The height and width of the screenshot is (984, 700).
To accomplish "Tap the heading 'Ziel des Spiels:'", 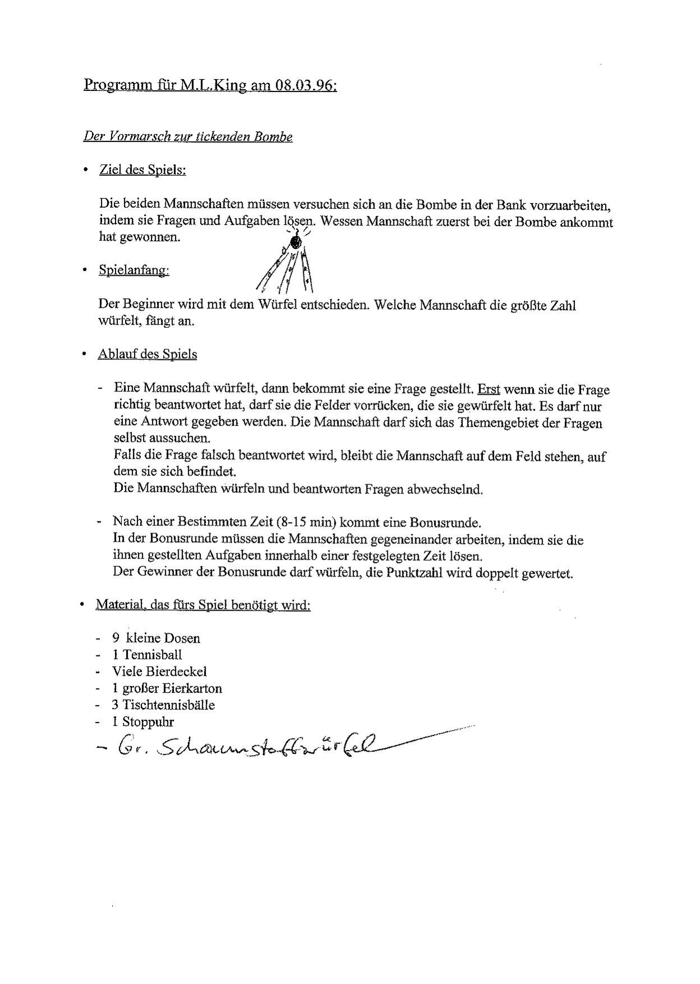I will (143, 170).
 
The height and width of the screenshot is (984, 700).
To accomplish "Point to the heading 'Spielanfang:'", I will (134, 271).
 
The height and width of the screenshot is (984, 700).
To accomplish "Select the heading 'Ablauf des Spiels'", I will (147, 354).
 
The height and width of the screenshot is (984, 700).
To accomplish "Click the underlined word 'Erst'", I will (488, 389).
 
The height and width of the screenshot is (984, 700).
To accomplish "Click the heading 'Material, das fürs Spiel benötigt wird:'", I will (203, 605).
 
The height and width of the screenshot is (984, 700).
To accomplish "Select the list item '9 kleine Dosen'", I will (156, 638).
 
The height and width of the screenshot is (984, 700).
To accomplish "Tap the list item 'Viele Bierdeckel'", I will (159, 672).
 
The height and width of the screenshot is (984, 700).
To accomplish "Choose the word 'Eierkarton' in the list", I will (194, 689).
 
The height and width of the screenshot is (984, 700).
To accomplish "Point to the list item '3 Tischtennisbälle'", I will (163, 706).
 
